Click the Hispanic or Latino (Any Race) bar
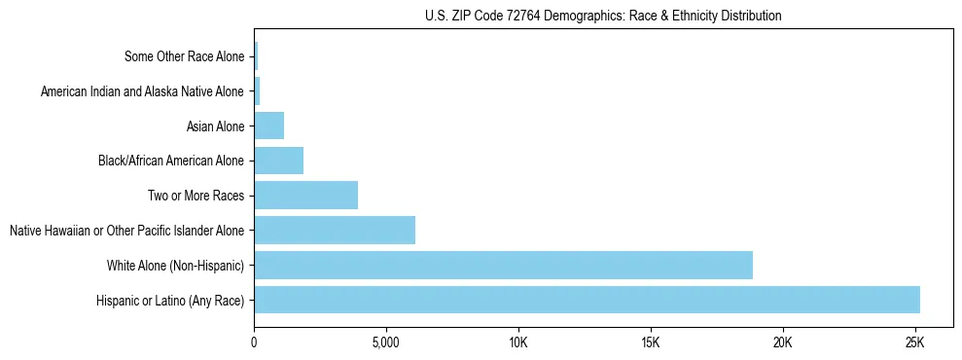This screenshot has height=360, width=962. click(x=587, y=300)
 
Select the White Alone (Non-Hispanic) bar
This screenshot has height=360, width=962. click(x=503, y=265)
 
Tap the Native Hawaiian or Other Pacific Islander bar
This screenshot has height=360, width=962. click(x=335, y=231)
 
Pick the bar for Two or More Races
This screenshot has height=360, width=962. click(x=305, y=196)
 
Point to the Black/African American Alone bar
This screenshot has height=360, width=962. click(x=278, y=161)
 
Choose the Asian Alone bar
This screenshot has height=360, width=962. click(x=268, y=126)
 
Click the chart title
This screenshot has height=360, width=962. click(x=603, y=17)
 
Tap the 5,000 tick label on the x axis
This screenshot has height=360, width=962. click(x=386, y=342)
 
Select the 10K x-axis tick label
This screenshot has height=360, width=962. click(x=518, y=342)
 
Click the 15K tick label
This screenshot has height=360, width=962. click(x=651, y=342)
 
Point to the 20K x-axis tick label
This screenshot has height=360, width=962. click(x=783, y=342)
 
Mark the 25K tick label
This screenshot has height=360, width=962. click(x=914, y=342)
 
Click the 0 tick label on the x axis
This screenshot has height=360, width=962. click(x=254, y=342)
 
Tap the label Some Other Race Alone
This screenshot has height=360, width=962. click(x=185, y=56)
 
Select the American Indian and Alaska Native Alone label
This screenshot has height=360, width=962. click(x=143, y=91)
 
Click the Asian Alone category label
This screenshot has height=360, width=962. click(x=215, y=126)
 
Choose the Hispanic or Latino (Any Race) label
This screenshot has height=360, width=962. click(x=170, y=301)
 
